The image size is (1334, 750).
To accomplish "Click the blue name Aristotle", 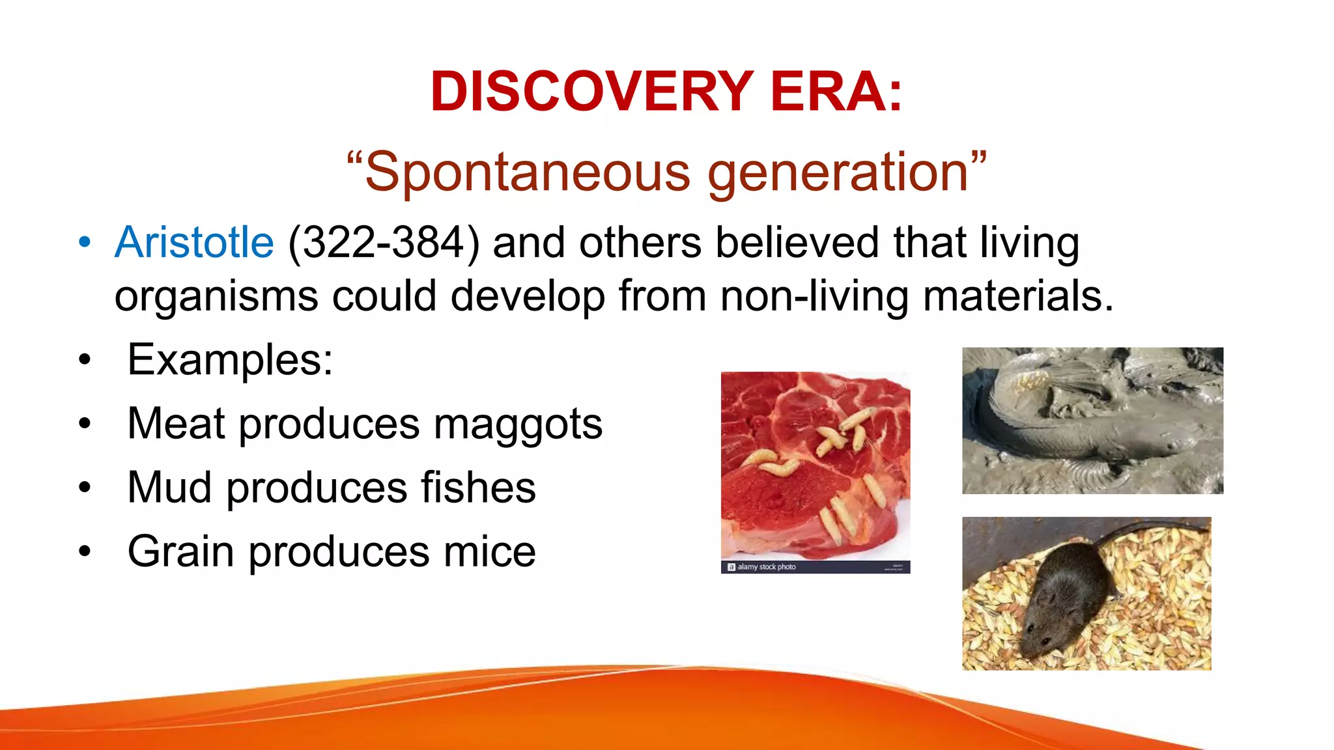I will click(x=194, y=242).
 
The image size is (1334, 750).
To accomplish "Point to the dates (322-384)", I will click(x=383, y=243).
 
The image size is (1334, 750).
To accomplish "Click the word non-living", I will click(x=814, y=296).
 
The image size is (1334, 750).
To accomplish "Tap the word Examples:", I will click(x=230, y=359).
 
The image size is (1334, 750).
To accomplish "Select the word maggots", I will click(x=518, y=424).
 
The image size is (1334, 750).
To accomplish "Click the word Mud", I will click(x=169, y=488).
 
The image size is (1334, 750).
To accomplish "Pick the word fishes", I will click(x=478, y=488).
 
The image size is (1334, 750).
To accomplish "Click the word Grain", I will click(x=180, y=551).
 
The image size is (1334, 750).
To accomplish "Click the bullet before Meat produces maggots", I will click(x=85, y=424).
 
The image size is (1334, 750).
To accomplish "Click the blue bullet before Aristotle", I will click(x=85, y=242).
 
